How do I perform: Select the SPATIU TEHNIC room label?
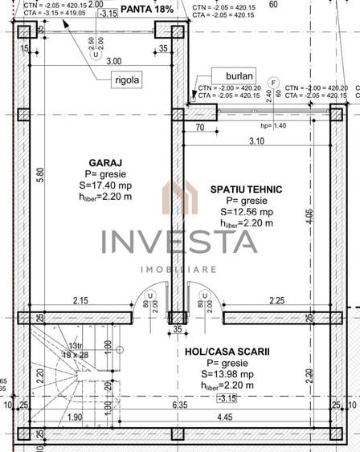click(246, 189)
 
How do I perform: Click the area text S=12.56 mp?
click(247, 212)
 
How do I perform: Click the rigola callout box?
click(128, 79)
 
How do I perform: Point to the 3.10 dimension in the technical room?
click(256, 141)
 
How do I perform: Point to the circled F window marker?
click(274, 82)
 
